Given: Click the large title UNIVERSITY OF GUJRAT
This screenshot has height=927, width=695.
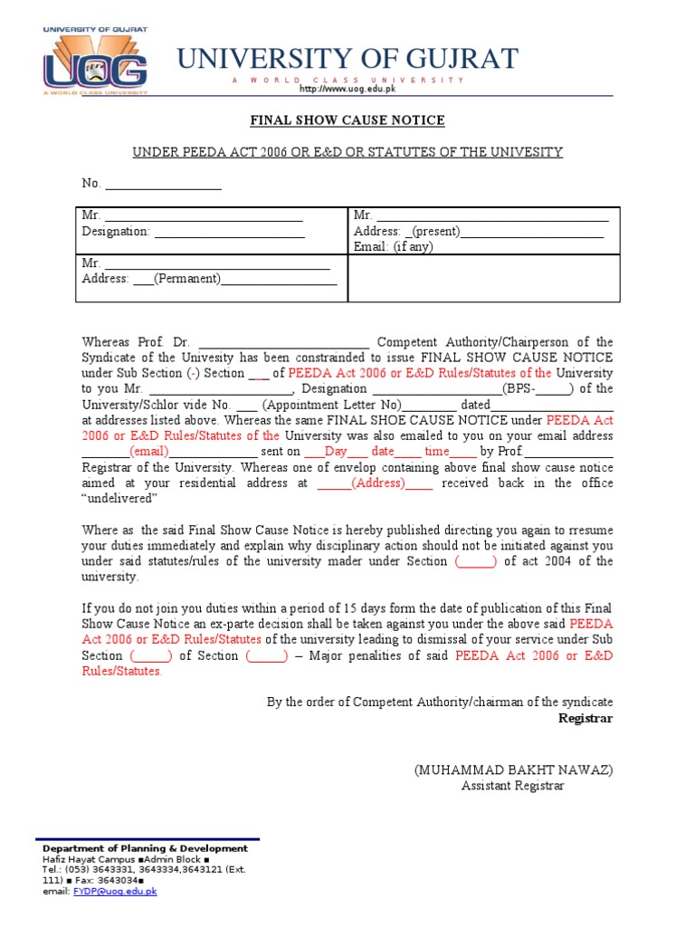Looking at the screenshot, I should point(347,59).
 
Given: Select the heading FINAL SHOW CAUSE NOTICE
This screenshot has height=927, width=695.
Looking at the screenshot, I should point(347,120).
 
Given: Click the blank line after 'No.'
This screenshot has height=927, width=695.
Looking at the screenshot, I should point(164,184).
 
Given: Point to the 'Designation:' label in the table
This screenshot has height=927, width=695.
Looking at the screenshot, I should point(116,232).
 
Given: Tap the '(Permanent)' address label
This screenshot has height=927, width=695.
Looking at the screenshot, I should point(187,279).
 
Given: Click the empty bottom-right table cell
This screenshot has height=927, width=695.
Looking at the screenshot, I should point(483,278).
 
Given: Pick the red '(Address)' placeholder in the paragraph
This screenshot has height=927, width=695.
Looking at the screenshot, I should point(378,483).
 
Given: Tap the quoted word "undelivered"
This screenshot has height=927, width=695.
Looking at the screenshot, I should point(120,499).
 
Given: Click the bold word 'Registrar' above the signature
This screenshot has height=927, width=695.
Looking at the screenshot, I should point(586,718).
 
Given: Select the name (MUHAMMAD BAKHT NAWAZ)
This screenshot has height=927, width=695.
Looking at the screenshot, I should point(513,769).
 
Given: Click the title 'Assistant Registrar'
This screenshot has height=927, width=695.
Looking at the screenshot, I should point(512,786).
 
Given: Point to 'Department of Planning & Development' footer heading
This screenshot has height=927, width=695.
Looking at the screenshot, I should point(145,848).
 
